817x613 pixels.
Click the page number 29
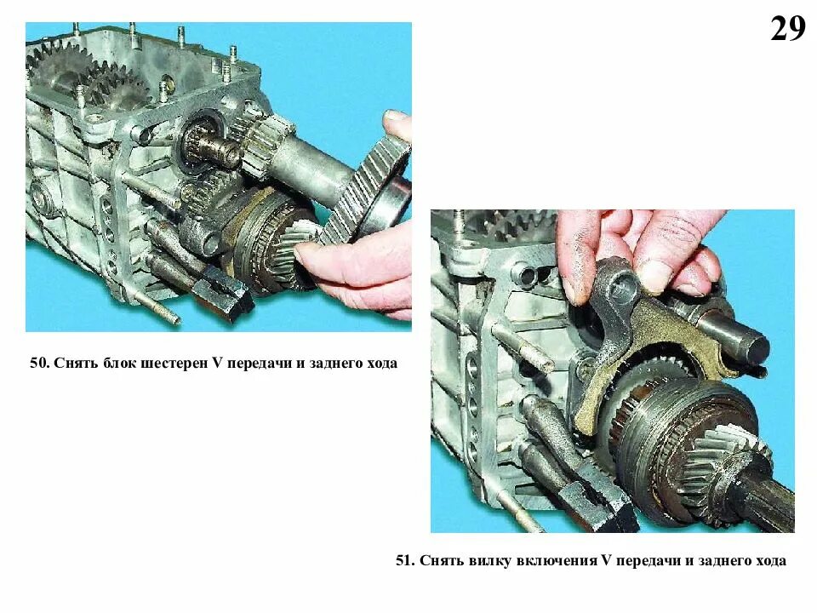[787, 29]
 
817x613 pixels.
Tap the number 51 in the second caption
[403, 561]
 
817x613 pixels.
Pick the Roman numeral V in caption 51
[605, 561]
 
